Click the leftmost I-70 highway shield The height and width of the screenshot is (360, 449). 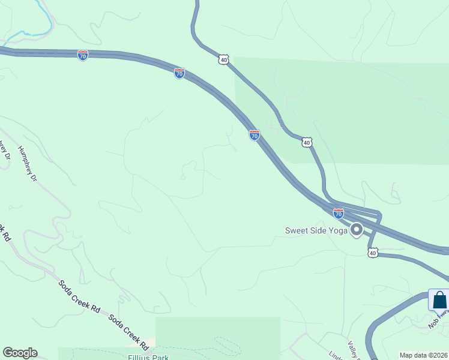83,55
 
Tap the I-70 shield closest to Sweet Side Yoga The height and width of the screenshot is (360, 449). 339,213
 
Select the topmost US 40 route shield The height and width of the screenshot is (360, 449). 223,59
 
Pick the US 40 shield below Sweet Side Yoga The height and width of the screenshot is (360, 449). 373,253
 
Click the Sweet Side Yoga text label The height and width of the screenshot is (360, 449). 316,230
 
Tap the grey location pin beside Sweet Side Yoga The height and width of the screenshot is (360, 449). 357,230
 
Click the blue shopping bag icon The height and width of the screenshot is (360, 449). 439,299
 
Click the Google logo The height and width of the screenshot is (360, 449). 20,353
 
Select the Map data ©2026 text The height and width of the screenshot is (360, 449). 424,355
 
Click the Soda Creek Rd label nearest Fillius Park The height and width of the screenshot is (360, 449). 128,331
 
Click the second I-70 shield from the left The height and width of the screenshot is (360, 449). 179,73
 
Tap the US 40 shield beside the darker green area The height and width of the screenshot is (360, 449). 307,142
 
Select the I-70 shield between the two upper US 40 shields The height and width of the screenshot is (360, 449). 255,135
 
